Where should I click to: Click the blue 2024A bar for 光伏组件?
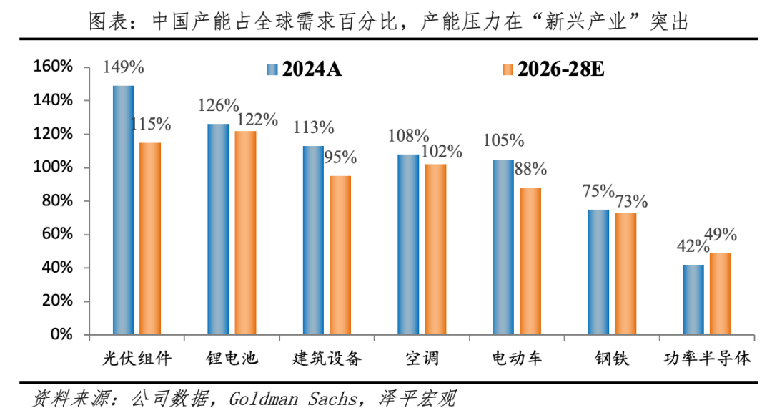pos(123,210)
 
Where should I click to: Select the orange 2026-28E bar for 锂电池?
pos(245,233)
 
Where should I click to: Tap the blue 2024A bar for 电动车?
pos(503,247)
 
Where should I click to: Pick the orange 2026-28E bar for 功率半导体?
pos(721,293)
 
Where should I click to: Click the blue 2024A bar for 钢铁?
pos(598,272)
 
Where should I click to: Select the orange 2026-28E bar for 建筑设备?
pos(340,256)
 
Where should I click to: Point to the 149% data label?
pos(124,68)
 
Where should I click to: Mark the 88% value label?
pos(530,170)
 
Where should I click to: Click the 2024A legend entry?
pos(304,69)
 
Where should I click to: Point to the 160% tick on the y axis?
pos(53,67)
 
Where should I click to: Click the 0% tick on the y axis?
pos(63,335)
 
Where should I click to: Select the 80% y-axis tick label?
pos(56,201)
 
